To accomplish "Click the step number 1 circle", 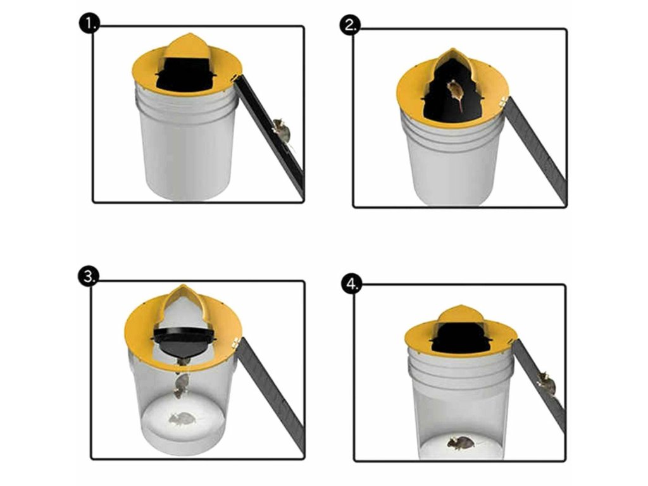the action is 89,23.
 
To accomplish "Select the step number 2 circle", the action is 349,25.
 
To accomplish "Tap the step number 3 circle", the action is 89,276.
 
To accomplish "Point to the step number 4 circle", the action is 352,284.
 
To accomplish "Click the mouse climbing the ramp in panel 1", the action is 282,132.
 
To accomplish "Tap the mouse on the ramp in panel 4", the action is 547,383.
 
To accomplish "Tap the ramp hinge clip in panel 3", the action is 236,342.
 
